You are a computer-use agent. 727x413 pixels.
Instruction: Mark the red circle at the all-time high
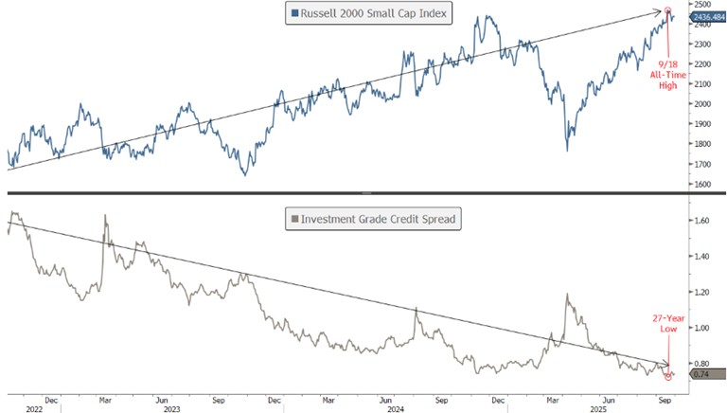point(669,11)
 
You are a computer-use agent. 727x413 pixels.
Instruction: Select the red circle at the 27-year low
point(669,375)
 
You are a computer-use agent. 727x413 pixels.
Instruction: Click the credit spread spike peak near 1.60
point(103,216)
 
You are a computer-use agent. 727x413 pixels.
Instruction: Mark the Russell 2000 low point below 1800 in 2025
point(567,150)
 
